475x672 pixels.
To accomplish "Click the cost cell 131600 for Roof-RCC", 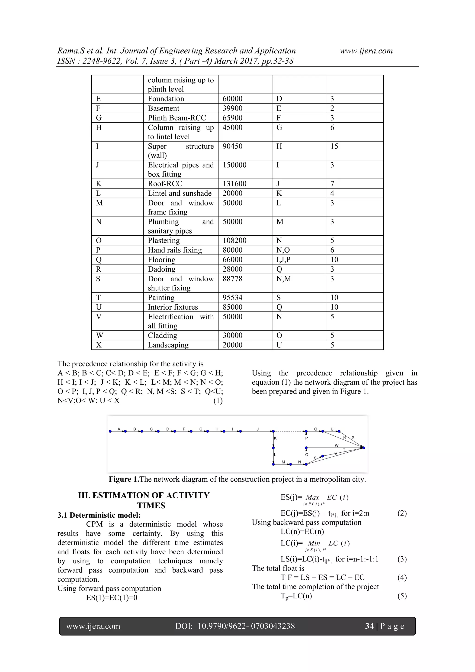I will pos(234,184).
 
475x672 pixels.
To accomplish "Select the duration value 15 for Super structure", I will pos(334,146).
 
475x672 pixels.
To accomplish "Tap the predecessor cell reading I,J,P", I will pos(283,260).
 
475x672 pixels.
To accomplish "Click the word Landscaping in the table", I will pos(168,345).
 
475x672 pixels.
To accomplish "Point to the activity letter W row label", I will pos(99,335).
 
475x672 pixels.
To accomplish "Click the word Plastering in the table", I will pos(164,240).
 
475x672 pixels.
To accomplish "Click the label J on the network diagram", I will pos(258,429).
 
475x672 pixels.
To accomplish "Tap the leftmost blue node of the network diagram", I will pos(110,431).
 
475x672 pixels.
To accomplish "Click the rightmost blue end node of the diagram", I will pos(363,448).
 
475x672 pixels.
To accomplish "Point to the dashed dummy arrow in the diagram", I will pos(289,431).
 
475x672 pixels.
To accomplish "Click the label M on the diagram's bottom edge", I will pos(283,462).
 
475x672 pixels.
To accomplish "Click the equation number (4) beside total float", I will pos(402,578).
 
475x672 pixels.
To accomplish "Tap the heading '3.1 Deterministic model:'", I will pos(99,515).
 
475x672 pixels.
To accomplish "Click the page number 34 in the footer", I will pos(369,626).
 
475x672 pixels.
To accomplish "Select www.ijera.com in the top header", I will pos(366,51).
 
